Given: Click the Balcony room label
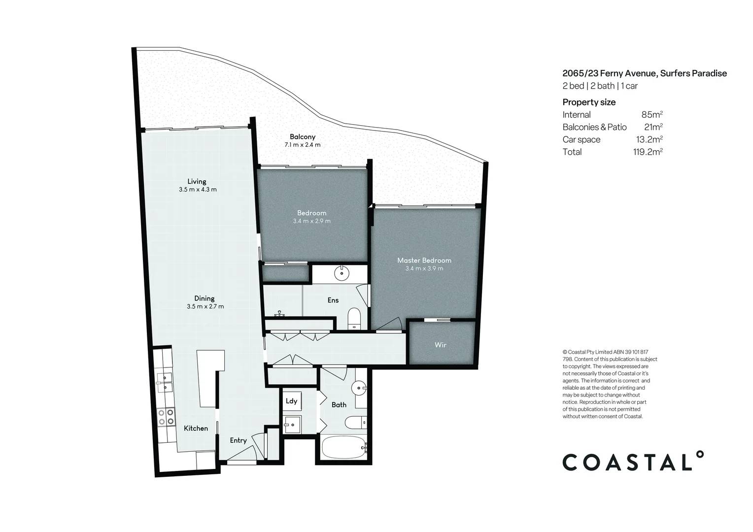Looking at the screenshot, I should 302,136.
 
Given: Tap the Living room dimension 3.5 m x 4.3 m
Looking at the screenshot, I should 198,190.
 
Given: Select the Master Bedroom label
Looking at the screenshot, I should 424,260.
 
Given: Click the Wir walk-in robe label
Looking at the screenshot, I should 440,345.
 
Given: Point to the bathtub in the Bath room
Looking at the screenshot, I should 343,448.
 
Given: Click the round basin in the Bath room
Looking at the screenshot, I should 359,388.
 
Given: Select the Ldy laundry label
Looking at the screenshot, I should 291,400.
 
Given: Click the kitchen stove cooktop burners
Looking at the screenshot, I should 165,417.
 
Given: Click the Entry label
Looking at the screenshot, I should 238,440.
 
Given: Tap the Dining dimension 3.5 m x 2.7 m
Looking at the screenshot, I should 205,306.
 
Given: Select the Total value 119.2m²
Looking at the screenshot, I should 647,152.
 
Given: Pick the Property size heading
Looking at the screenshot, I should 589,102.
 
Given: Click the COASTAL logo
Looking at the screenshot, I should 633,462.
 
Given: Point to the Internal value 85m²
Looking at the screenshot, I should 651,115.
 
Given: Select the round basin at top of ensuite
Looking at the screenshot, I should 341,272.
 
